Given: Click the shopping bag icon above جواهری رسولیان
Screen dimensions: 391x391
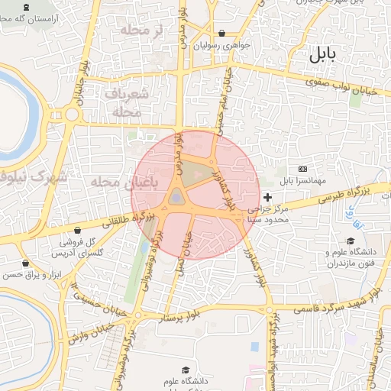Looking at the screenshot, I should coord(221,34).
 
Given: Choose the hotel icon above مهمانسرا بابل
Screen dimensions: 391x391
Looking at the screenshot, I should coord(303,168).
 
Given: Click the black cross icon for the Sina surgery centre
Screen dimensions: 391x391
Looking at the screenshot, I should coord(267,198).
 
